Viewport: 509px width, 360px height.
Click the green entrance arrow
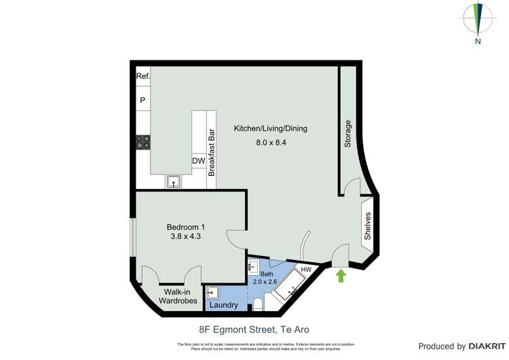click(341, 275)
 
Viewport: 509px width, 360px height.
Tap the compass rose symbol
click(478, 19)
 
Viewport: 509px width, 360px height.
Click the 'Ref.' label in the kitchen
click(143, 77)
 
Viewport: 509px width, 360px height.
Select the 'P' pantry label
click(143, 101)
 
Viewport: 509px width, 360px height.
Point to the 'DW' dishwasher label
click(198, 161)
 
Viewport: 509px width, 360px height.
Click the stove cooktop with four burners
click(143, 142)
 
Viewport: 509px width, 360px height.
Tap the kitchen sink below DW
click(174, 181)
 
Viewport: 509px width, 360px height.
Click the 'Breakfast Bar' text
click(211, 153)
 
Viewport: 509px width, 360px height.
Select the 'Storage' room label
click(348, 134)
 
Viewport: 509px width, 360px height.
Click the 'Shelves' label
click(367, 226)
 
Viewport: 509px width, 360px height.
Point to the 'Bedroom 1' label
click(186, 227)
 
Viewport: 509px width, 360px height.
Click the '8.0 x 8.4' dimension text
click(271, 143)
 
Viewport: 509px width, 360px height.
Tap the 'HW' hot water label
click(306, 270)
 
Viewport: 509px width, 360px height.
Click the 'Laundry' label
click(223, 305)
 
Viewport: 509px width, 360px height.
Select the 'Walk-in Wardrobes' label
click(177, 296)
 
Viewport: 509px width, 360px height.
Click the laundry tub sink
click(213, 293)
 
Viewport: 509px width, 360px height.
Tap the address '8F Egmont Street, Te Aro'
click(254, 330)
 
